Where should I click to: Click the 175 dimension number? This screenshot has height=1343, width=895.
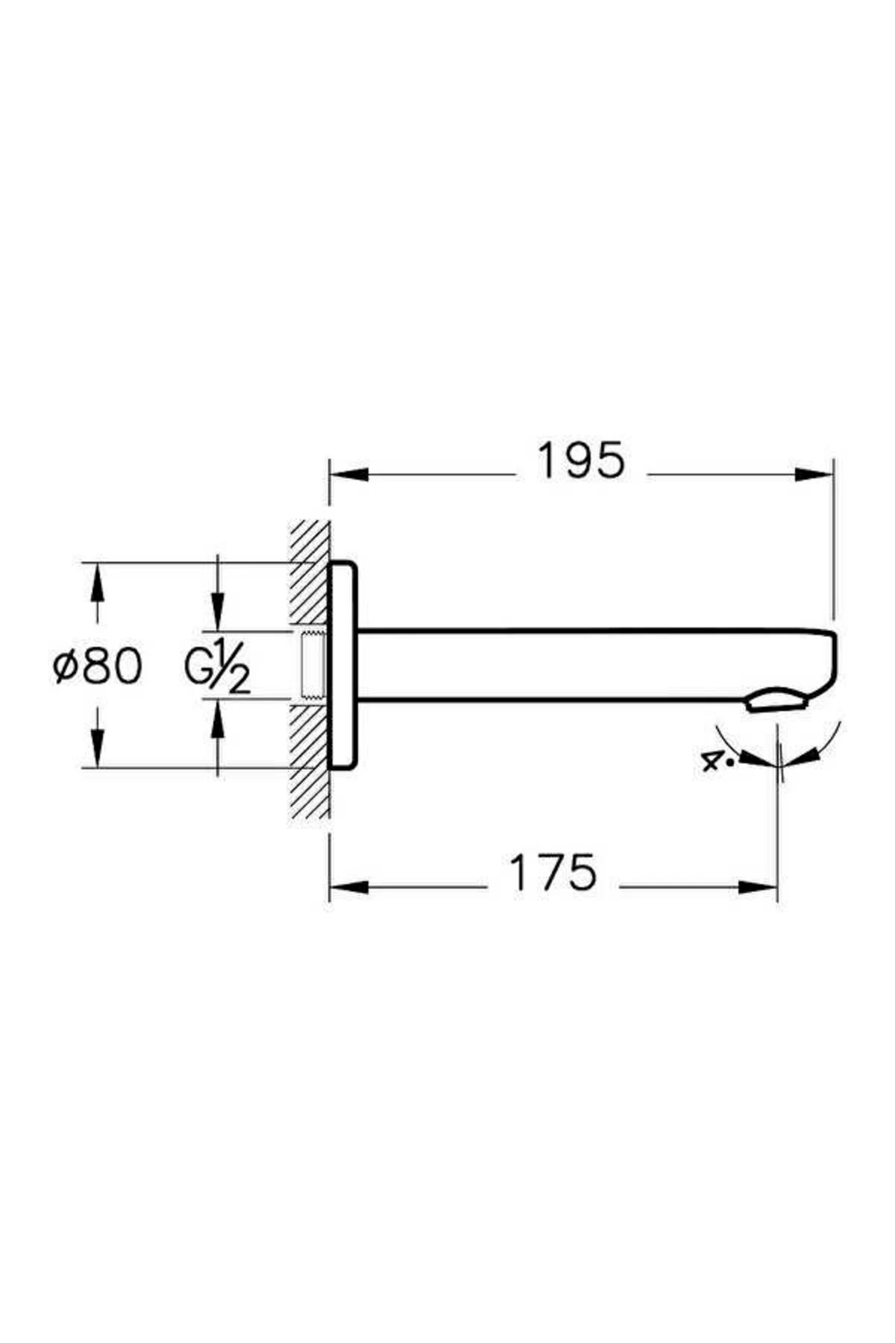pos(553,872)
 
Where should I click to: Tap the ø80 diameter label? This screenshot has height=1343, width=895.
pos(98,666)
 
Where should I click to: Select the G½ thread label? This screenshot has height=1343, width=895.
pos(217,666)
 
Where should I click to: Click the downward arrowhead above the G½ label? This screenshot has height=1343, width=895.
pos(218,613)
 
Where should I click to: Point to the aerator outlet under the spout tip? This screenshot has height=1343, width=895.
pos(776,701)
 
